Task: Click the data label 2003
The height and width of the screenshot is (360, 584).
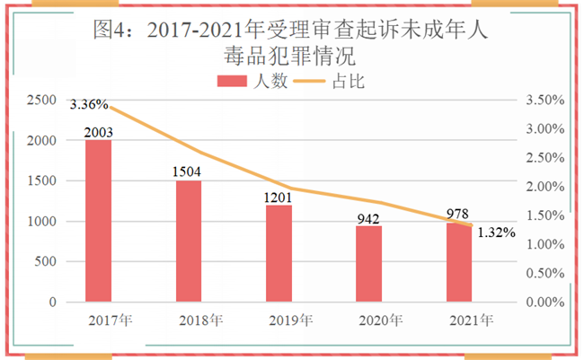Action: coord(99,133)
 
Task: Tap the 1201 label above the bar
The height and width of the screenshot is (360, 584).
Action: coord(279,197)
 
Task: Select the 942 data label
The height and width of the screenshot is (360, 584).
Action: coord(368,218)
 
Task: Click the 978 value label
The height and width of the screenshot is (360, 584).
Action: coord(458,215)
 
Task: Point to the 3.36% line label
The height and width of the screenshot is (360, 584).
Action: coord(89,104)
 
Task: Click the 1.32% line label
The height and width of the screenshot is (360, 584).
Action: coord(496,233)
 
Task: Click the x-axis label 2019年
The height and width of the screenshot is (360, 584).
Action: coord(290,320)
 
